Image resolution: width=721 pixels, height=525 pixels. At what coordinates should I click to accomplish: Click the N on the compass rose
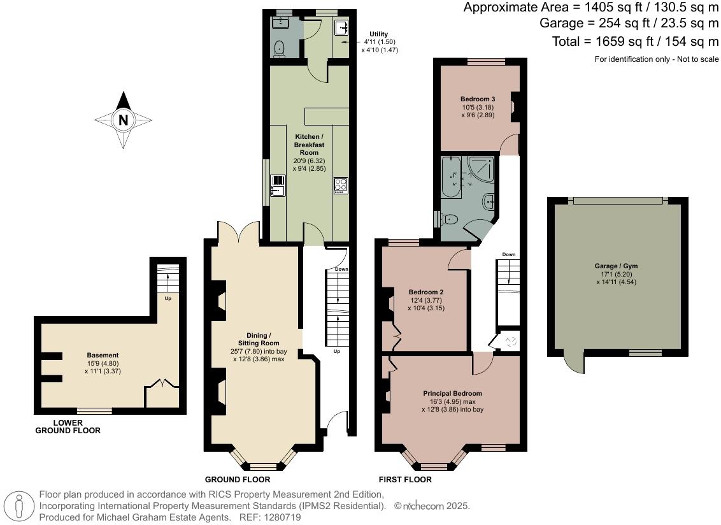tap(124, 120)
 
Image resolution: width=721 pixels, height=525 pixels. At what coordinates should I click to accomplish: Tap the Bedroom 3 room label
tap(478, 99)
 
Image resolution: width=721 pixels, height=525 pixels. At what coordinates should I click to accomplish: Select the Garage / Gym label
tap(617, 266)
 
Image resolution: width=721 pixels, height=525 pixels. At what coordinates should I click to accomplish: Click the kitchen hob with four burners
tap(340, 185)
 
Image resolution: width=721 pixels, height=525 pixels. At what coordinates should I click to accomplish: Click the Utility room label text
tap(379, 34)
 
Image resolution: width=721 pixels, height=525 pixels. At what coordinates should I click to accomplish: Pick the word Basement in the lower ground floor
tap(103, 355)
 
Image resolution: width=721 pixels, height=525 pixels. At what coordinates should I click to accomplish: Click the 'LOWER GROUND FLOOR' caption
tap(68, 426)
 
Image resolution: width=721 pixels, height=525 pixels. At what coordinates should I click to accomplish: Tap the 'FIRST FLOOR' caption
tap(404, 480)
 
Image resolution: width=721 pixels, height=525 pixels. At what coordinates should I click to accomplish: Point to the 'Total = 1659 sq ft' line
tap(635, 41)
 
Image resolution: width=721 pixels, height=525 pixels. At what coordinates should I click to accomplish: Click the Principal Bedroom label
tap(452, 393)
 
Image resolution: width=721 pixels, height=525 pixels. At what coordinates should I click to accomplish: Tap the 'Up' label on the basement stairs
tap(168, 298)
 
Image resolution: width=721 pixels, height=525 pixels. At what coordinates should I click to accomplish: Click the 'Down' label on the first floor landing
tap(508, 254)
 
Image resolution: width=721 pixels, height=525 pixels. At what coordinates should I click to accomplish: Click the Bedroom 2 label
tap(426, 292)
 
